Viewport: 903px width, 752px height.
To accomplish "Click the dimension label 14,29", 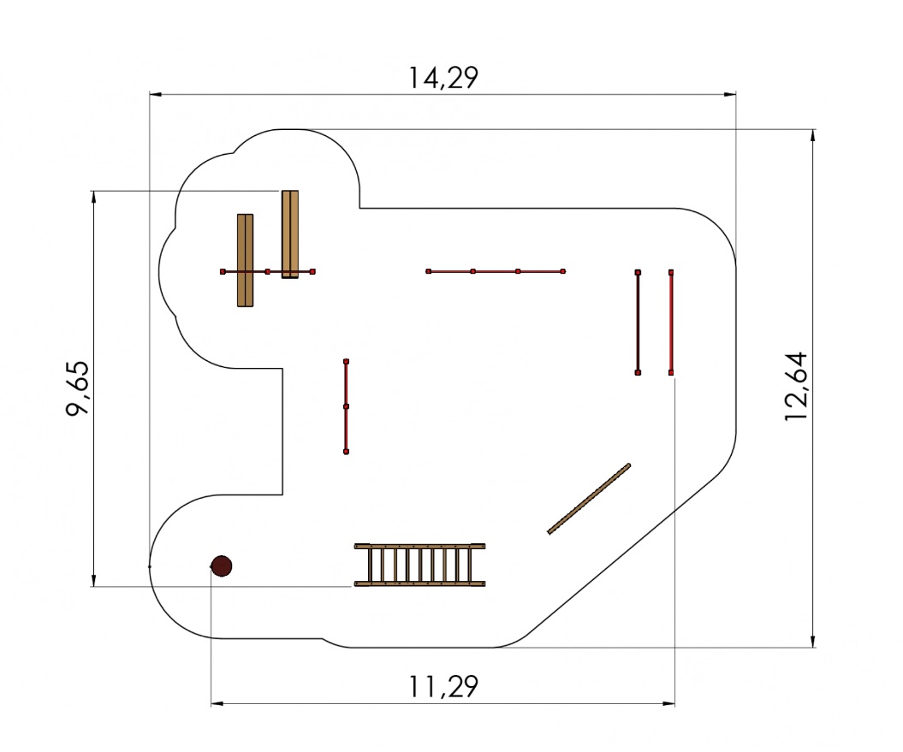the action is click(443, 78).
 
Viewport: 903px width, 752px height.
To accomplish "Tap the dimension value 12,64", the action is click(797, 387).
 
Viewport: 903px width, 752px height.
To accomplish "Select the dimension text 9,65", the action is click(78, 388).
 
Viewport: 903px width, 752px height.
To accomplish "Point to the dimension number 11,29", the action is click(443, 686).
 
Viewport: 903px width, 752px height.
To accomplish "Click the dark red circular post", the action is click(222, 566).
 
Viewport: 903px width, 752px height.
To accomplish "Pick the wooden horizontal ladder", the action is click(419, 565).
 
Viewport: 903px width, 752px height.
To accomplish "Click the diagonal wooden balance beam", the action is click(589, 499).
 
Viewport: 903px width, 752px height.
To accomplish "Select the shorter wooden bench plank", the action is click(246, 260).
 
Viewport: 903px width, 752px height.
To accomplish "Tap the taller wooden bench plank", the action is click(290, 234).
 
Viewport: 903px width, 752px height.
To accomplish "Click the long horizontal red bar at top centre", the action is click(496, 271).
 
